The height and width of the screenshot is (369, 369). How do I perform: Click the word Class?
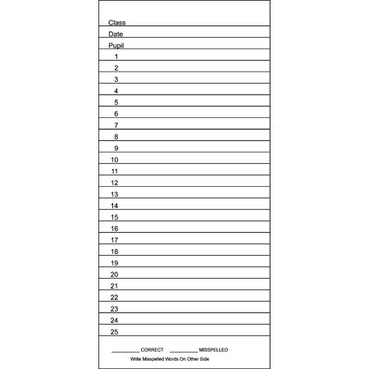[x=117, y=23]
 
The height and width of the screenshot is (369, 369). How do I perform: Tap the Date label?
[x=116, y=34]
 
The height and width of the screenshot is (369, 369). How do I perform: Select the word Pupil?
[x=116, y=46]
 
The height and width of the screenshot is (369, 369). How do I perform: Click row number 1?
[x=116, y=57]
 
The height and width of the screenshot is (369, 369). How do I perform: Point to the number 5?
[x=116, y=102]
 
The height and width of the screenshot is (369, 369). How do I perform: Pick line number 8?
[x=116, y=137]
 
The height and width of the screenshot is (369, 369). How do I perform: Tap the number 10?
[x=115, y=160]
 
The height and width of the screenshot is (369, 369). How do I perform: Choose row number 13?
[x=115, y=194]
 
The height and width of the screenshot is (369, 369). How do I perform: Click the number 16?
[x=115, y=229]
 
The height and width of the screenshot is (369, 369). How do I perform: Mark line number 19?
[x=115, y=263]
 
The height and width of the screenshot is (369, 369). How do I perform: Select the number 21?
[x=115, y=286]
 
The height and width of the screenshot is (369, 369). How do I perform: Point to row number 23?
[x=115, y=309]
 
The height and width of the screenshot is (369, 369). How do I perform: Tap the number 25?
[x=115, y=332]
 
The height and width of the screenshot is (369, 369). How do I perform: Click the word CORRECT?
[x=153, y=350]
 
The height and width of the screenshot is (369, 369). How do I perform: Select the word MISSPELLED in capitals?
[x=213, y=350]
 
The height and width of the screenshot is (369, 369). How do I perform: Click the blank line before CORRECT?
[x=125, y=351]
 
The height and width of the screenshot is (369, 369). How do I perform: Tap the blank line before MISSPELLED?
[x=184, y=351]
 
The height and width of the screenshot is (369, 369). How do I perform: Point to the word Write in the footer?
[x=136, y=359]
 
